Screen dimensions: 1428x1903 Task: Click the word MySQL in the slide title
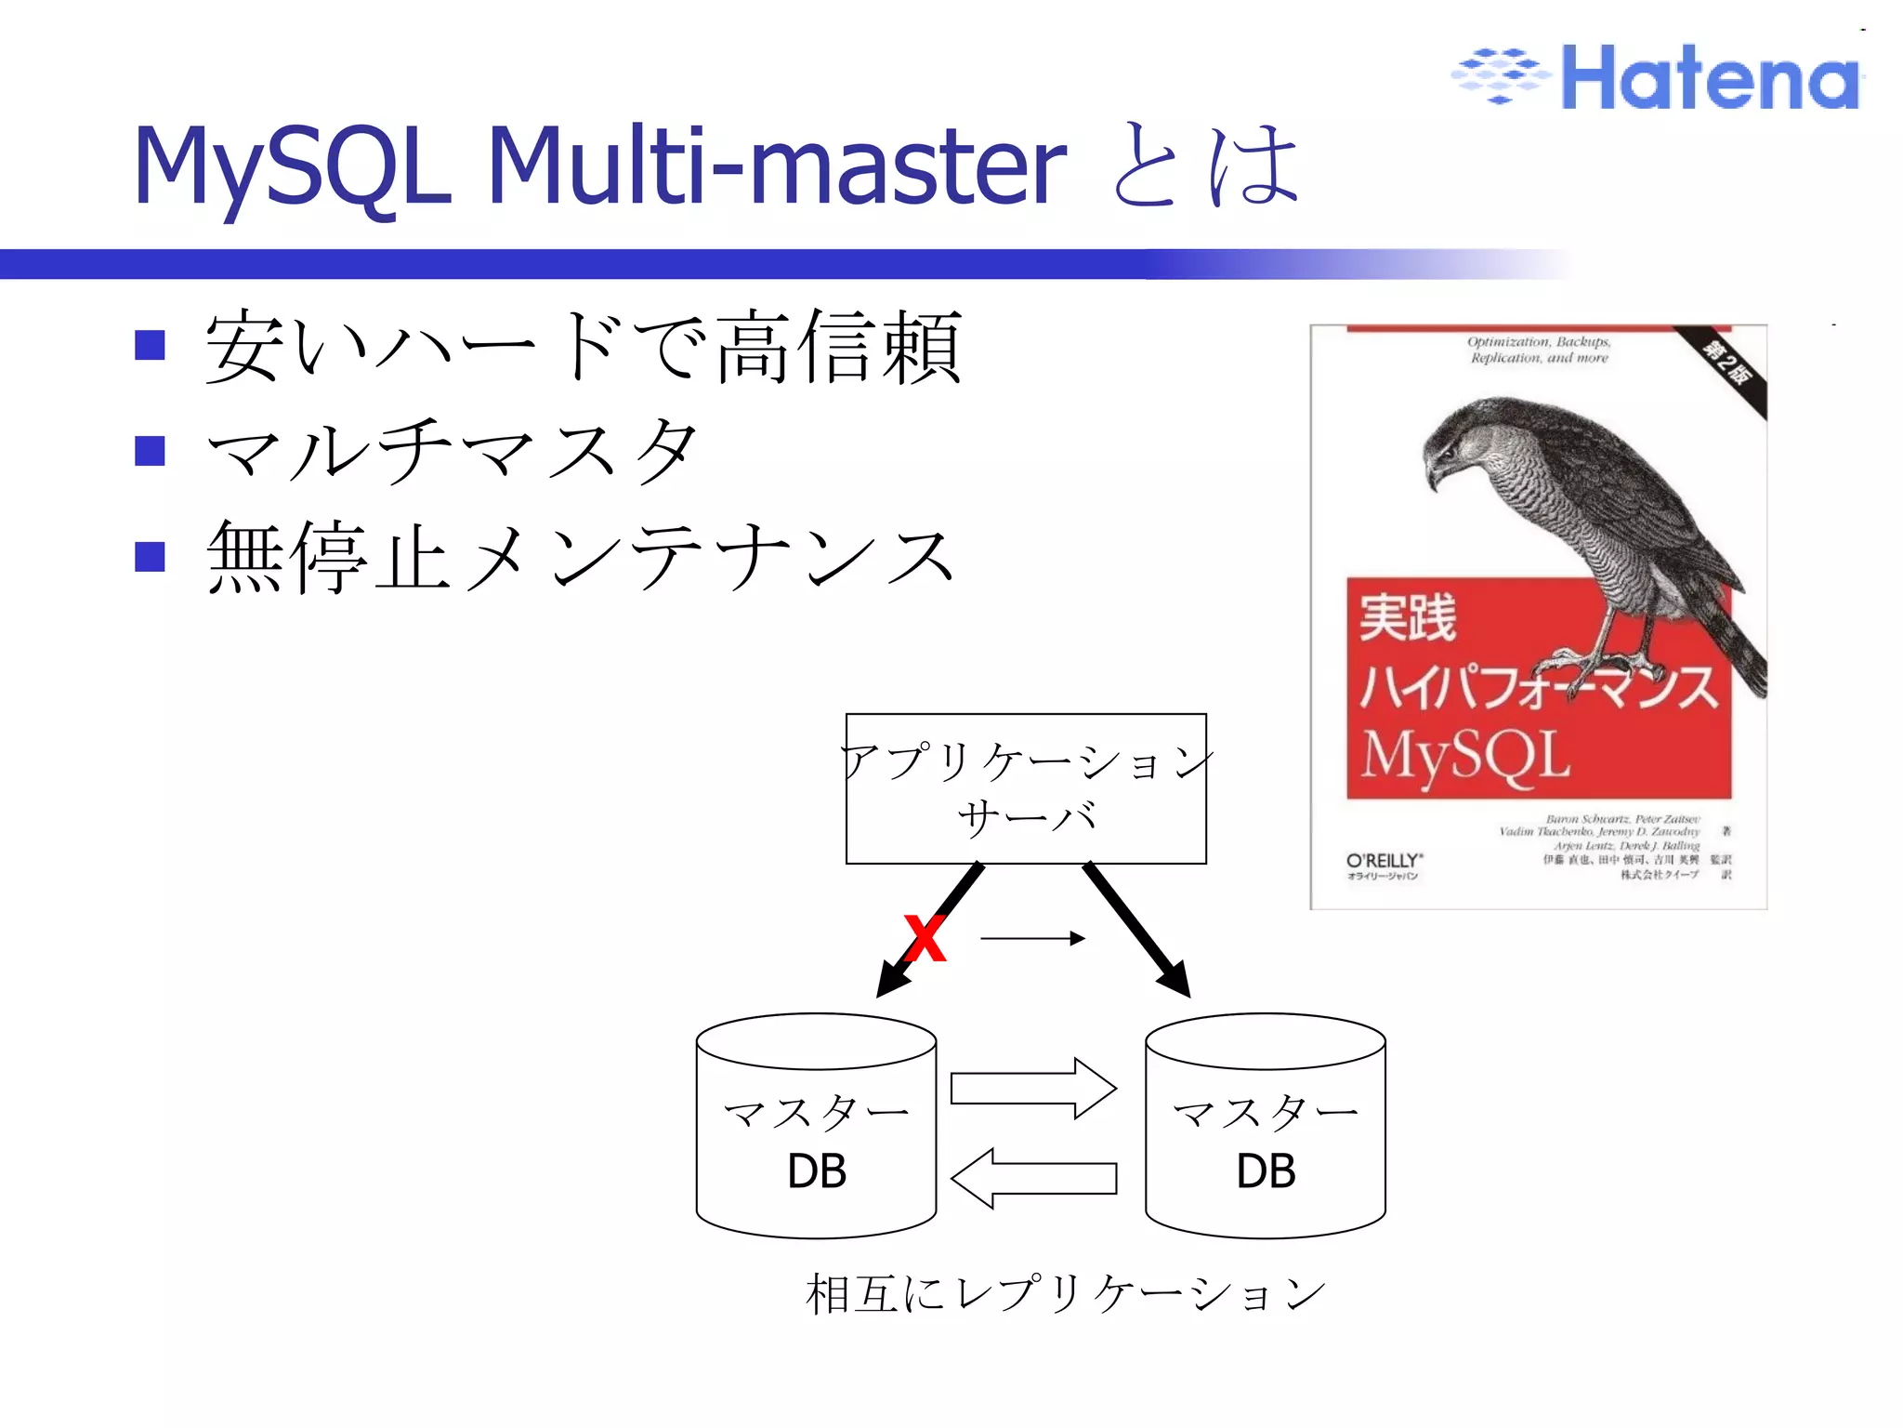click(292, 167)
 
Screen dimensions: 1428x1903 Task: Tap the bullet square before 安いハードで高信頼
click(150, 345)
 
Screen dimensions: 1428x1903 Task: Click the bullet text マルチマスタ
click(451, 451)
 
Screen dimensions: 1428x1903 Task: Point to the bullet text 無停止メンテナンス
click(581, 557)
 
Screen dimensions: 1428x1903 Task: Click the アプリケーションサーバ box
click(1026, 788)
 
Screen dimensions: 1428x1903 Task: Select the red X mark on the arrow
click(925, 939)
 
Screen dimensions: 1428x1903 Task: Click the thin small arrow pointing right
click(1032, 938)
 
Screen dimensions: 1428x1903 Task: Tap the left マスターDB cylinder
click(816, 1130)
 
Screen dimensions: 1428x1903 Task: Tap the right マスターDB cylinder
click(1265, 1130)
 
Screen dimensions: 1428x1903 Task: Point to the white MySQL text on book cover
click(1465, 755)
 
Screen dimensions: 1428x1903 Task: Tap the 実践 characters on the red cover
click(1407, 618)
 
